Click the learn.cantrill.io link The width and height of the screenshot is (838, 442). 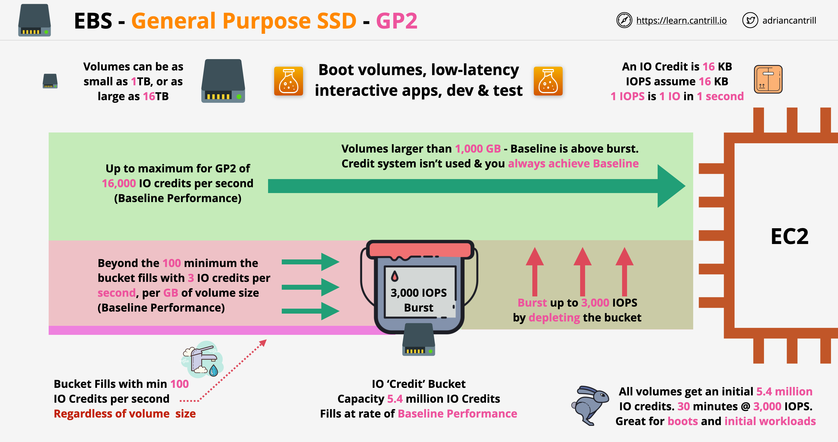(681, 20)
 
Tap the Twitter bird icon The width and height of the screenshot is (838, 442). (750, 20)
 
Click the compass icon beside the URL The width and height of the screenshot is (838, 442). (624, 20)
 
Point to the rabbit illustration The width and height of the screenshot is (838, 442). (590, 405)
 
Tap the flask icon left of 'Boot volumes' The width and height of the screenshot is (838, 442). (288, 81)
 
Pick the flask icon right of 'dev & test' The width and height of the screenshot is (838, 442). (548, 81)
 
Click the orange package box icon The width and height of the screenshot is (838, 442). (768, 79)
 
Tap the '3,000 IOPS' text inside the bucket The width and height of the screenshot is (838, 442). (419, 293)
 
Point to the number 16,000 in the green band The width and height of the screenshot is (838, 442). (119, 183)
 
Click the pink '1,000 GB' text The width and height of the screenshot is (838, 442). (478, 149)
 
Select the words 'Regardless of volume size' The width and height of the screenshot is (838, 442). (125, 414)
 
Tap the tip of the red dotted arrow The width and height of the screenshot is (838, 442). (265, 341)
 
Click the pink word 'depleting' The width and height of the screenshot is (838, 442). (554, 318)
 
